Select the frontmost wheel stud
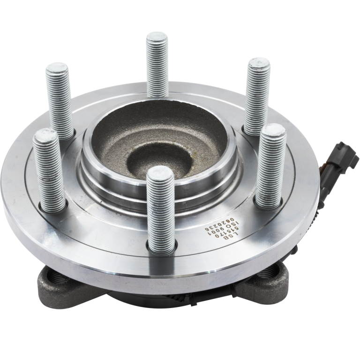[159, 206]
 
